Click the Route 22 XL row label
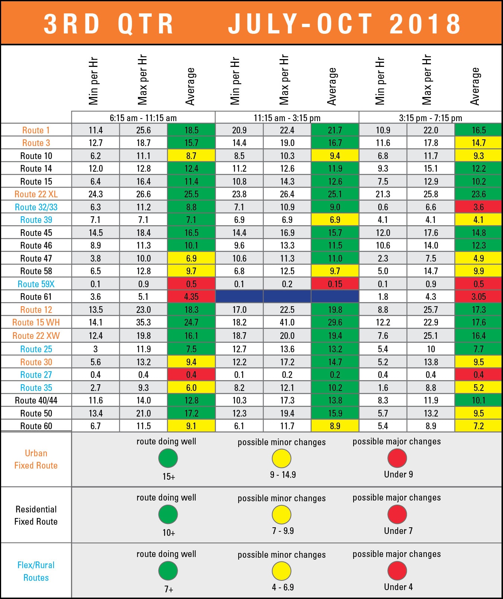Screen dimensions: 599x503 (x=36, y=194)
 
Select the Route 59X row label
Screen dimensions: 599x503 (x=36, y=284)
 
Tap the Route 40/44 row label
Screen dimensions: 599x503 (x=36, y=401)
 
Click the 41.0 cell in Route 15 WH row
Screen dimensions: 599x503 (x=287, y=323)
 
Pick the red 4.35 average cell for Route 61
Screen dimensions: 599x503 (x=191, y=297)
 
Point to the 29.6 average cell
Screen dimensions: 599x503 (x=335, y=323)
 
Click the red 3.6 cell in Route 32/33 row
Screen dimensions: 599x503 (x=478, y=207)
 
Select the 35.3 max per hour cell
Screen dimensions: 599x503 (x=143, y=323)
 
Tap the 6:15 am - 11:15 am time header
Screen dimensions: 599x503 (x=143, y=118)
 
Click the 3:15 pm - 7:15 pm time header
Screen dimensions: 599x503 (x=431, y=118)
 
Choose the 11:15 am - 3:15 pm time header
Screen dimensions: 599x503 (x=287, y=118)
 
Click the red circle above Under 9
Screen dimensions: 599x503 (x=397, y=458)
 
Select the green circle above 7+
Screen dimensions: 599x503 (x=168, y=571)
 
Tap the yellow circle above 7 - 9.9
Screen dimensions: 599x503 (x=281, y=515)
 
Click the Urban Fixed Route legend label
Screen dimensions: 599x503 (x=36, y=459)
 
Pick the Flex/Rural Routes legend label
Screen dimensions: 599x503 (x=36, y=571)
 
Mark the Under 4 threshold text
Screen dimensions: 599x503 (x=398, y=587)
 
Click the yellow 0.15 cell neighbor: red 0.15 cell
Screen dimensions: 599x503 (x=335, y=284)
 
